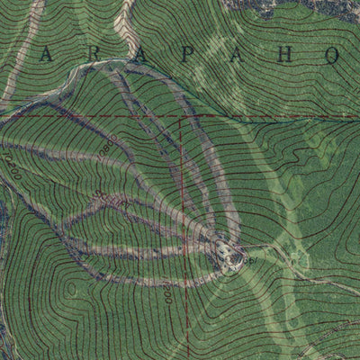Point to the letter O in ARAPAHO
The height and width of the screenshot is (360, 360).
[331, 55]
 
